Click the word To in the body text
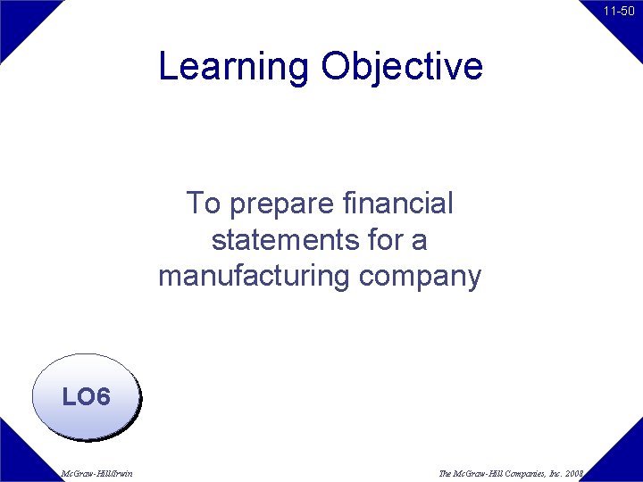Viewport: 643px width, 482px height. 203,204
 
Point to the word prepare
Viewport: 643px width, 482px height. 281,205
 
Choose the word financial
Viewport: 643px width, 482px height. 397,204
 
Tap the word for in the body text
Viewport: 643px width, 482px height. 388,240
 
